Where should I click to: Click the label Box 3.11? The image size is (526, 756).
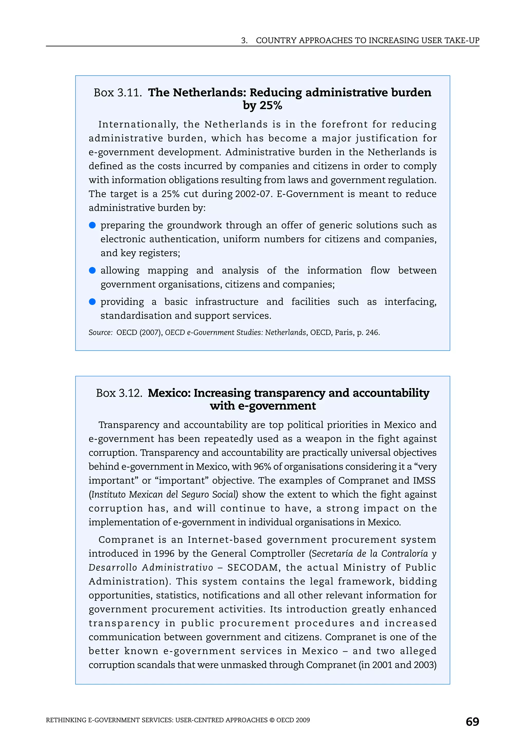click(117, 93)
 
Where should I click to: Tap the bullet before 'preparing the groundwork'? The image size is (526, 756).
click(92, 225)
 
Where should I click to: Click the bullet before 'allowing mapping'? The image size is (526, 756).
click(92, 270)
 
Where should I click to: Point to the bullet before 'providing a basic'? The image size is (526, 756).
click(92, 302)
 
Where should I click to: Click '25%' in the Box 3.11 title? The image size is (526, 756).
click(270, 105)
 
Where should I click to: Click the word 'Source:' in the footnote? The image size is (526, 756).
click(100, 333)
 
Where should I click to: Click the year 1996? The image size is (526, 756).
click(164, 553)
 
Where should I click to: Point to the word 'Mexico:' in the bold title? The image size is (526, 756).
click(169, 393)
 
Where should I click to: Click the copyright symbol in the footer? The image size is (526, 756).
click(272, 720)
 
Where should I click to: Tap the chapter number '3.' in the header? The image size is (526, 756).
click(244, 41)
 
